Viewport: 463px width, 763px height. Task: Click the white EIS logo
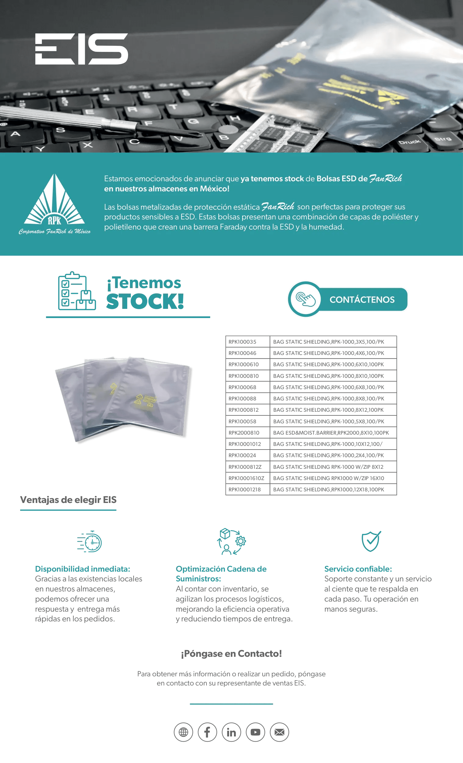tap(81, 49)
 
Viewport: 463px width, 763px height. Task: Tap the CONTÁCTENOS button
tap(348, 299)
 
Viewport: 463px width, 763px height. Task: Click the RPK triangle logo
tap(55, 201)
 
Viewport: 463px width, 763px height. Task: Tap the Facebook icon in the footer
tap(207, 732)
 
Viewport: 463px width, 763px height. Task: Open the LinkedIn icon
tap(231, 732)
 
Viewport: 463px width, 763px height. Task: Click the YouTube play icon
tap(255, 732)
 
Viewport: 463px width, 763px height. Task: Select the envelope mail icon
tap(279, 732)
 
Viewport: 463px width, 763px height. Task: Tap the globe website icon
tap(183, 732)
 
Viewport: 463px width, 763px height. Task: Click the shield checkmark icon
tap(371, 541)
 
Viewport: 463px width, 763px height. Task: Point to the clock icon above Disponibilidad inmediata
tap(90, 542)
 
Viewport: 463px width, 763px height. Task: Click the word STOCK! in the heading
tap(145, 301)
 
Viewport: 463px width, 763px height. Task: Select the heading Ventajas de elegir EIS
tap(68, 500)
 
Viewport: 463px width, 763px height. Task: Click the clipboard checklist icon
tap(77, 291)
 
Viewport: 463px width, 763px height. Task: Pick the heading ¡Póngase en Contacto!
tap(231, 654)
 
